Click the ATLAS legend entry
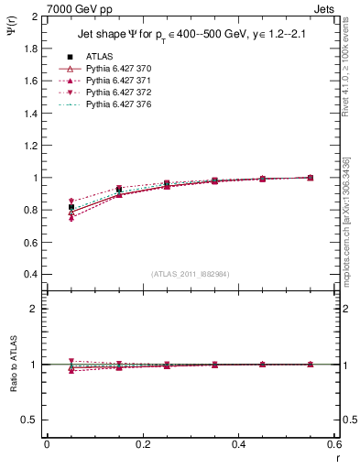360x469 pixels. (x=100, y=56)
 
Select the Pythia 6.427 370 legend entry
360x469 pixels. (x=119, y=69)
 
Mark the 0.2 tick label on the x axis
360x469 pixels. (x=142, y=444)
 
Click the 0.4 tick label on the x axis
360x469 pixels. (x=238, y=444)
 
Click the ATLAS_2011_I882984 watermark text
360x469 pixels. (x=190, y=274)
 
